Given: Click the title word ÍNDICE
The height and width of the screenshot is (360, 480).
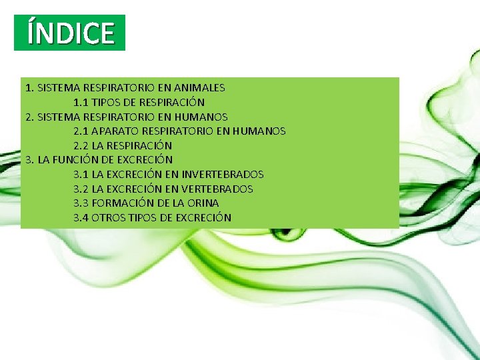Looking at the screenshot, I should pos(70,33).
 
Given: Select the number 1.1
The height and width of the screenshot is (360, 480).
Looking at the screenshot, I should pos(81,102).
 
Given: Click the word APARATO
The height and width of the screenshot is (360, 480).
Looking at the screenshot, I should pos(113,131).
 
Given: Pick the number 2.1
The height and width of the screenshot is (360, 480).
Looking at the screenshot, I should pos(81,131).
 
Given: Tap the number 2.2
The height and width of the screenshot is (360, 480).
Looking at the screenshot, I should pos(81,145).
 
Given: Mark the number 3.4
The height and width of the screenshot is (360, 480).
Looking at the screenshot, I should pos(81,218).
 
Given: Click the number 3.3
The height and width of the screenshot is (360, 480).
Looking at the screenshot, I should pos(81,203).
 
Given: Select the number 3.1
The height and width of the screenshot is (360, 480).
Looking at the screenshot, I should pos(81,175).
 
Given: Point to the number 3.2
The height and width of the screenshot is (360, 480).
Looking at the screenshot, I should pos(81,189).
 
